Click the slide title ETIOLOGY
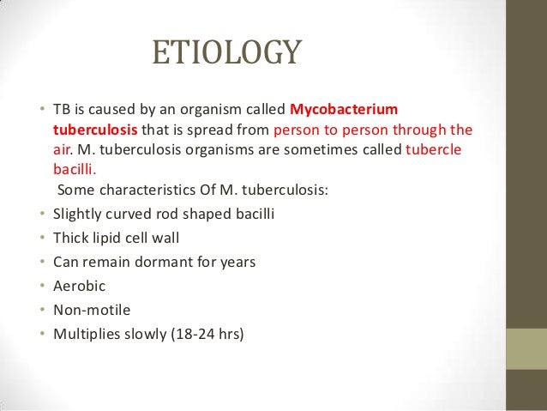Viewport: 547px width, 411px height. point(226,52)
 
